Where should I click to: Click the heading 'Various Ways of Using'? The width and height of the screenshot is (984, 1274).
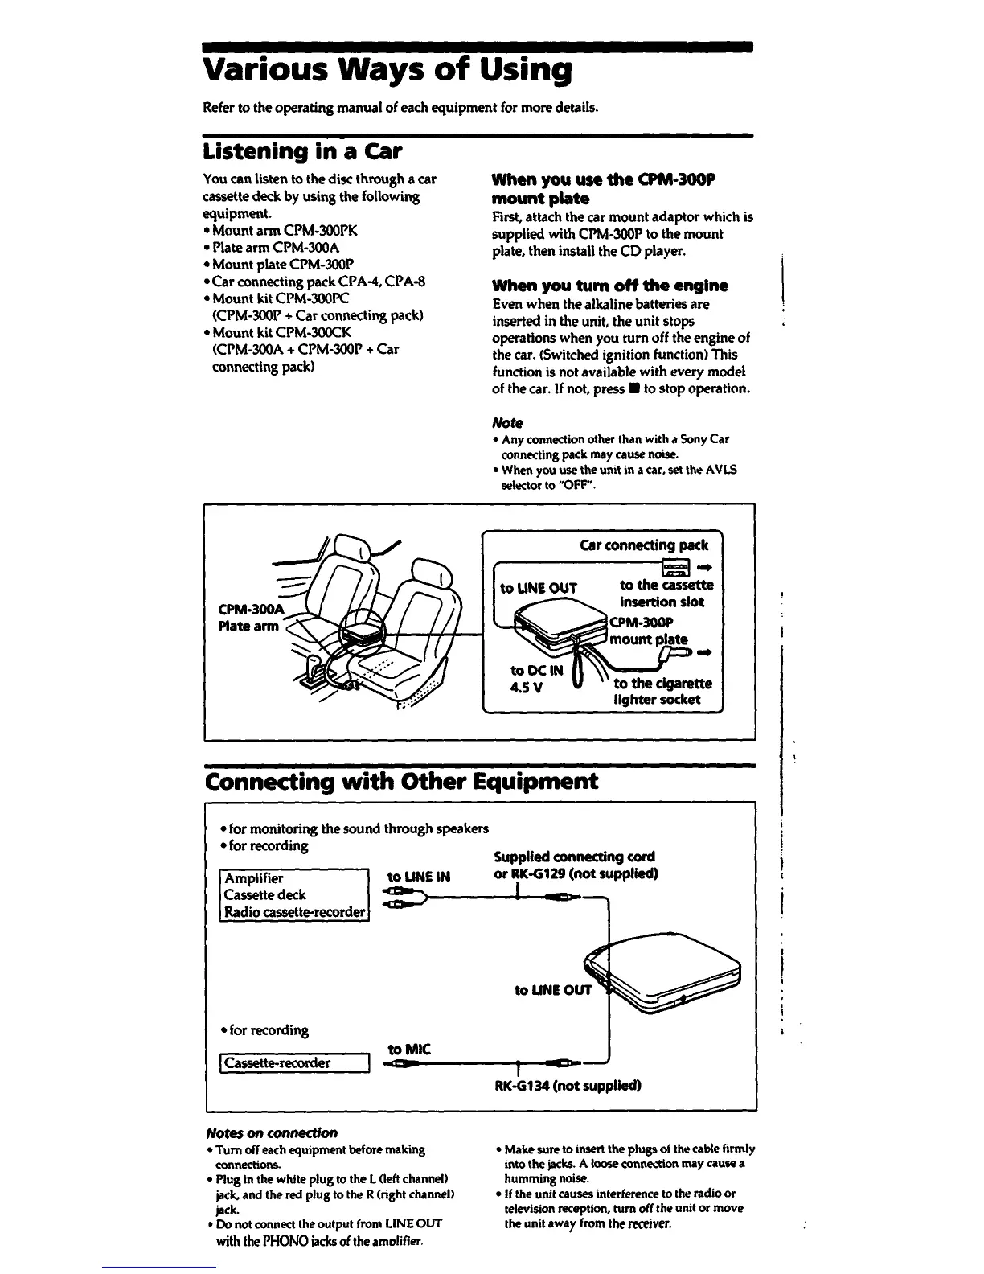[x=387, y=71]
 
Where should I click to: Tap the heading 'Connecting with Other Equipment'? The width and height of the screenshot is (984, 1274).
[x=402, y=782]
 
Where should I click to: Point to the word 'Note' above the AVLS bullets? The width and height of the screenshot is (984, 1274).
[x=506, y=422]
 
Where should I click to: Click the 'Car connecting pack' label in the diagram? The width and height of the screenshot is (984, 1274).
[x=644, y=545]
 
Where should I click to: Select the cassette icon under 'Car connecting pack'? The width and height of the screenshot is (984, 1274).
[x=676, y=568]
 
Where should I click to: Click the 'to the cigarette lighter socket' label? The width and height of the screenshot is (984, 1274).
[x=662, y=691]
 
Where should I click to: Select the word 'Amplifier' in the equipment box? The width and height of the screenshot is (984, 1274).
[x=254, y=878]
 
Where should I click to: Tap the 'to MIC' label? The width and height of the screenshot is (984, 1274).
[x=409, y=1049]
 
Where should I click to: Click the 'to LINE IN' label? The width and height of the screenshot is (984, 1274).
[x=419, y=877]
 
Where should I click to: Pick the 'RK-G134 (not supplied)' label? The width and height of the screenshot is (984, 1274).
[x=568, y=1086]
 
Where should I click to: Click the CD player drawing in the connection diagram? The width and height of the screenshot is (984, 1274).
[x=667, y=973]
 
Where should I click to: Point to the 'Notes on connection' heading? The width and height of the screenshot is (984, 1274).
[x=272, y=1132]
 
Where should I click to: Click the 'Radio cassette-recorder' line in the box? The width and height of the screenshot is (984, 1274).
[x=294, y=912]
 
